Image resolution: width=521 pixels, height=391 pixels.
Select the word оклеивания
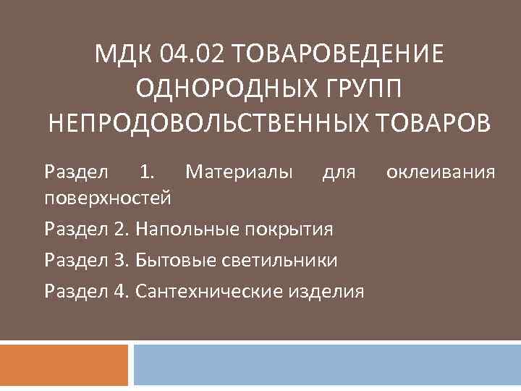pyautogui.click(x=441, y=172)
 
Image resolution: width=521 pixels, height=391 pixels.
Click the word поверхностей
pyautogui.click(x=108, y=195)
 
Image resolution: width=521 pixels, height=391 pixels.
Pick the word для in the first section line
pyautogui.click(x=339, y=172)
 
